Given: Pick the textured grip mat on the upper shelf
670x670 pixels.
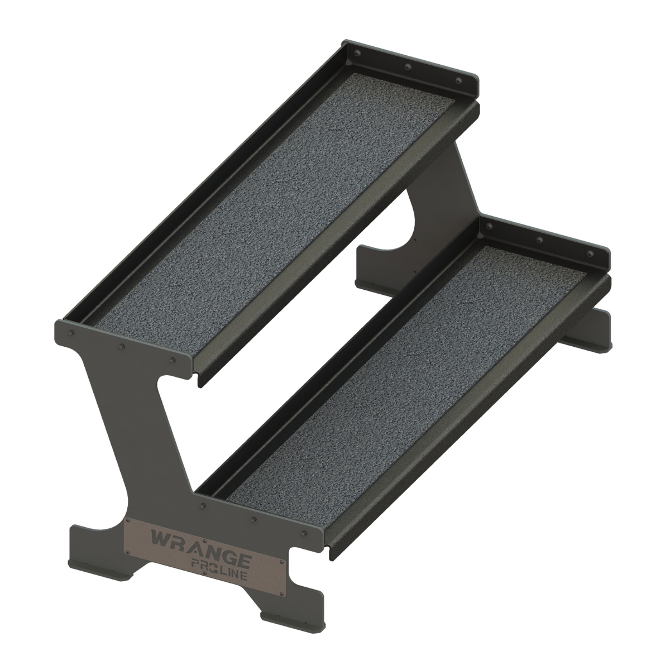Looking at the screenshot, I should click(x=268, y=190).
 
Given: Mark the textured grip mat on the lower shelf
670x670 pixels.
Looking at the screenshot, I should click(x=402, y=380).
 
